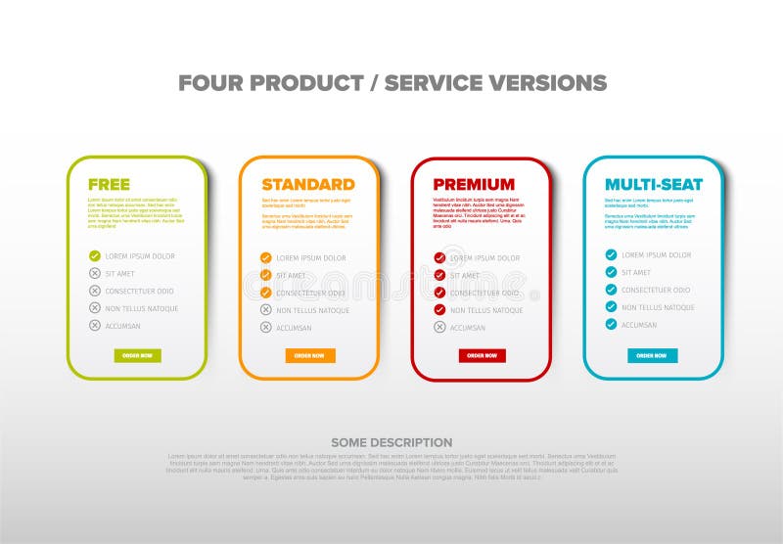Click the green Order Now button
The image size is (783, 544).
point(137,355)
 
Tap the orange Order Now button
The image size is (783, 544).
point(310,355)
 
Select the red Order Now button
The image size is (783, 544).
point(483,355)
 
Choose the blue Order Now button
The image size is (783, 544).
point(652,355)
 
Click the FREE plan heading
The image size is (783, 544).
point(109,184)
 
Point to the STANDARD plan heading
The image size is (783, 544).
point(307,184)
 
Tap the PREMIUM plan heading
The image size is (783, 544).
point(474,184)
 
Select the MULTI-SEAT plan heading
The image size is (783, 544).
point(653,184)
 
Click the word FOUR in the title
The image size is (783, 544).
point(210,83)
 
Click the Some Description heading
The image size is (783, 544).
point(391,442)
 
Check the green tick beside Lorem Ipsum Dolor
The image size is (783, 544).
point(95,255)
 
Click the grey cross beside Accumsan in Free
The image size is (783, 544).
point(95,325)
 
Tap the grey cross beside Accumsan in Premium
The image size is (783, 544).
point(440,328)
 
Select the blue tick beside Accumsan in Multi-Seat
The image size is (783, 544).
point(611,324)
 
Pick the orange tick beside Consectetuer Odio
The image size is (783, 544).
point(265,293)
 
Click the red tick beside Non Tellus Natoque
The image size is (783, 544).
point(440,310)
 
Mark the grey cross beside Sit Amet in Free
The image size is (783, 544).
point(95,273)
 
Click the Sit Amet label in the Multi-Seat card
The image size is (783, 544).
point(636,272)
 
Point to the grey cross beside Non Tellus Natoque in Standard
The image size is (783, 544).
point(265,310)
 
